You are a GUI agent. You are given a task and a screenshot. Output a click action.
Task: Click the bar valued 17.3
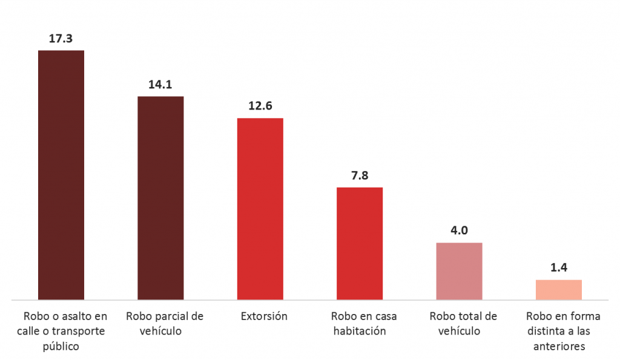(x=61, y=175)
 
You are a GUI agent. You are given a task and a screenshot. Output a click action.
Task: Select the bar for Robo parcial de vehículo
(x=160, y=198)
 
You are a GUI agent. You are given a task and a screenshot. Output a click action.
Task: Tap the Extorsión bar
(x=260, y=209)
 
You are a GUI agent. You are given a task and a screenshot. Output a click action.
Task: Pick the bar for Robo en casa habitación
(x=359, y=243)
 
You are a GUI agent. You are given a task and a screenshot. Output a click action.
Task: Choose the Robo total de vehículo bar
(x=459, y=271)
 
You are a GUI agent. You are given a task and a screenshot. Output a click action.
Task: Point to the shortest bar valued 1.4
(x=558, y=290)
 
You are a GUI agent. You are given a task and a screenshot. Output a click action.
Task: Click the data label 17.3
(x=61, y=38)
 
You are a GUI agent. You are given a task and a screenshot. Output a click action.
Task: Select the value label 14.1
(x=160, y=84)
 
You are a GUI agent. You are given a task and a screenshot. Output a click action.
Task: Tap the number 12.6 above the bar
(x=260, y=106)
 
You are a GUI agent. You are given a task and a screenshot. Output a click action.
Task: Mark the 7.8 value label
(x=359, y=175)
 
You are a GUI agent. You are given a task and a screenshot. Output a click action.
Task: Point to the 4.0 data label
(x=459, y=231)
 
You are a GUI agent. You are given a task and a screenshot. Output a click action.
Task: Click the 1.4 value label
(x=558, y=267)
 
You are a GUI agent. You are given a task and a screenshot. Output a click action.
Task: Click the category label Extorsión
(x=264, y=316)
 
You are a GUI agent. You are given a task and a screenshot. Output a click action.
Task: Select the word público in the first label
(x=61, y=347)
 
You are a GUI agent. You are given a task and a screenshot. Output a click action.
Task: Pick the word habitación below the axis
(x=359, y=332)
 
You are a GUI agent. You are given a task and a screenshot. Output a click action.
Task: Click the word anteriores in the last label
(x=558, y=347)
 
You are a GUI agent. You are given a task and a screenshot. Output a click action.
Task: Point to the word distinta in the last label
(x=540, y=332)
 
